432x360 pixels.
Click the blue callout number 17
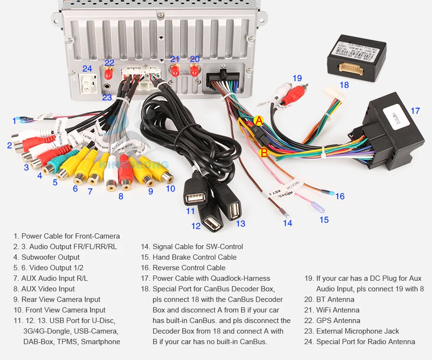tap(415, 111)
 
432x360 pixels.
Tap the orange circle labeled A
tap(259, 121)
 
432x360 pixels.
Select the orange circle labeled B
tap(264, 153)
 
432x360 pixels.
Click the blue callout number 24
tap(87, 69)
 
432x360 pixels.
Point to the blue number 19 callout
tap(297, 78)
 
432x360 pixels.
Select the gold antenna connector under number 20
tap(194, 71)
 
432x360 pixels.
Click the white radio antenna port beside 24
tap(87, 84)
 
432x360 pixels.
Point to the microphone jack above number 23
tap(106, 88)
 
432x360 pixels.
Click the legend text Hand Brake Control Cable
tap(194, 257)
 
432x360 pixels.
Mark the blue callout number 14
tap(287, 223)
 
